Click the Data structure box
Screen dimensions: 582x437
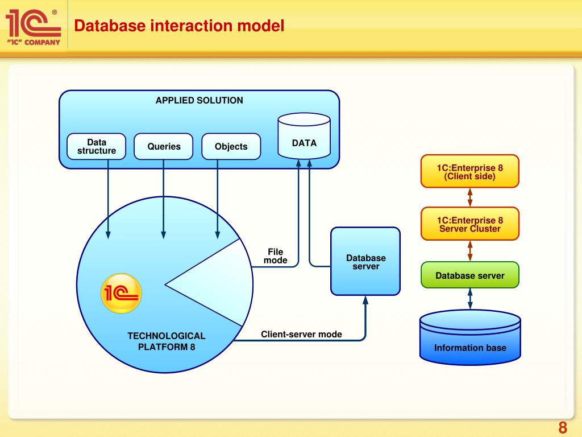[x=97, y=146]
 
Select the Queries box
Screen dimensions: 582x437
[x=163, y=146]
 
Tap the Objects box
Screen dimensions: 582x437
[x=231, y=146]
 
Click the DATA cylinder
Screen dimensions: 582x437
[x=304, y=136]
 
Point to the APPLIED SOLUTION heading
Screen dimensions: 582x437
[x=199, y=100]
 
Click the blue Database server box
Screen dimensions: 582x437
[x=365, y=261]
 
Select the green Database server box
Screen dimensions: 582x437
[x=470, y=275]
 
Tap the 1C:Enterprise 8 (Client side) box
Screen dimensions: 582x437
[x=470, y=171]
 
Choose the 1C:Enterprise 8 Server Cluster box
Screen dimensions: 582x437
[x=470, y=224]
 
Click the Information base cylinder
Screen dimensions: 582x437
[x=470, y=337]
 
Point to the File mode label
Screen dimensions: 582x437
[x=276, y=256]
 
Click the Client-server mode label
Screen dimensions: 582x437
[x=301, y=334]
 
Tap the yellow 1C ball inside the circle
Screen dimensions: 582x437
[x=122, y=293]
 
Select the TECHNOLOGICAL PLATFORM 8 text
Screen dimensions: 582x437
[x=167, y=341]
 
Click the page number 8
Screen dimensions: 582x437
[x=563, y=428]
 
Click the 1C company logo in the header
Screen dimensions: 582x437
[x=34, y=27]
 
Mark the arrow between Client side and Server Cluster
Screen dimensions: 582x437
[x=470, y=197]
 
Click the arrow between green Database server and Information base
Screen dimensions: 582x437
[x=470, y=299]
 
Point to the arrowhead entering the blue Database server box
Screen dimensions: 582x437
[x=365, y=300]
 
